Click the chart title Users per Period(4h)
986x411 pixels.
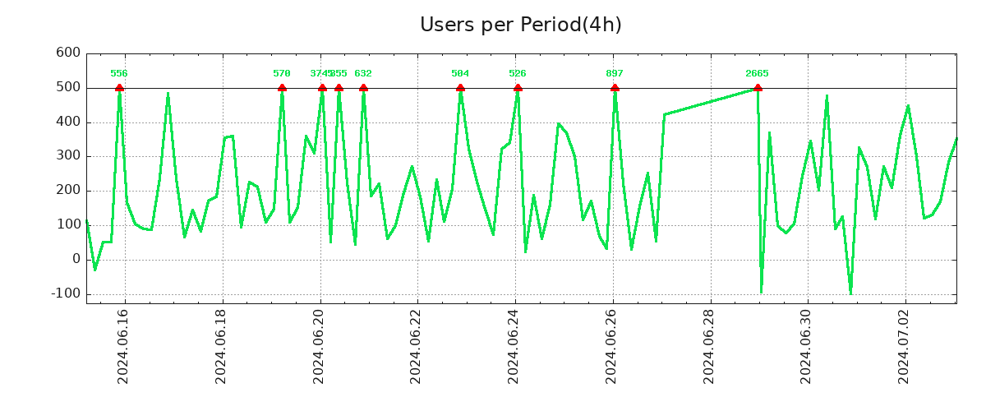click(x=520, y=25)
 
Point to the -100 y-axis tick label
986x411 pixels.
click(x=64, y=293)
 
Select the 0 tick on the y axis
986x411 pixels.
click(x=76, y=259)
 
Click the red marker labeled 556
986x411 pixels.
click(x=119, y=88)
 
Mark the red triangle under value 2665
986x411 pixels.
click(x=757, y=88)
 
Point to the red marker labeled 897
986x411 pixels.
click(x=615, y=88)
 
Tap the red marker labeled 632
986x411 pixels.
click(x=363, y=88)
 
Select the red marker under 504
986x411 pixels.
click(x=460, y=88)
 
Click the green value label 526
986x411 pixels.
click(x=518, y=74)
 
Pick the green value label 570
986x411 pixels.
click(x=282, y=74)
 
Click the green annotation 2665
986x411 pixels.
click(x=757, y=74)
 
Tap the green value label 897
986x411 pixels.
click(x=615, y=74)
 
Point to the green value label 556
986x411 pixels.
click(x=119, y=74)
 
